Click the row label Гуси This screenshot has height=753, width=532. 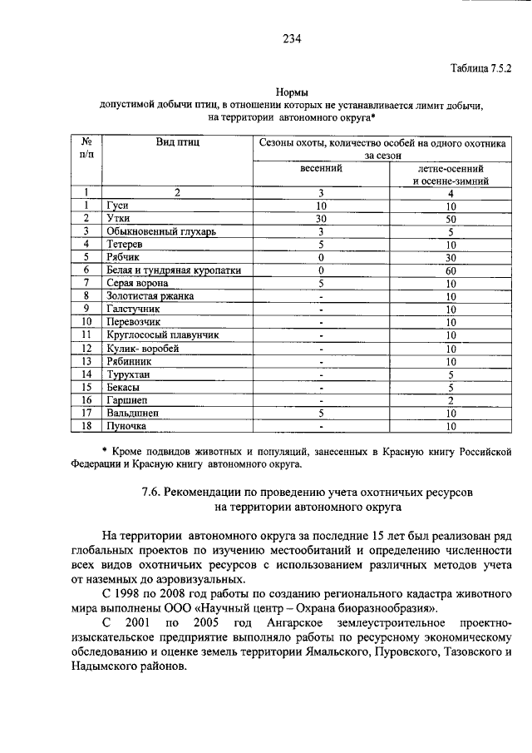[116, 206]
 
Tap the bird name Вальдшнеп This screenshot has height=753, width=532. [132, 413]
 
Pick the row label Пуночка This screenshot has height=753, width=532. [126, 426]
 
